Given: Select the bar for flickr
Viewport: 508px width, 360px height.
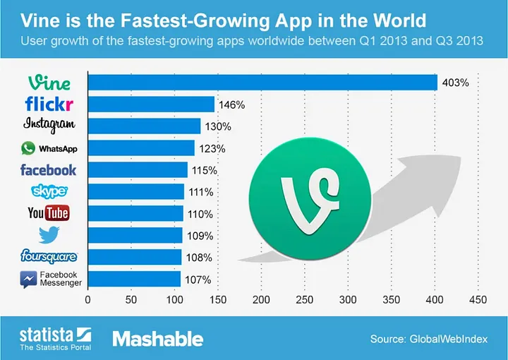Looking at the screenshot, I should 151,104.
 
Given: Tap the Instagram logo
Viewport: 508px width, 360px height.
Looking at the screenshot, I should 49,125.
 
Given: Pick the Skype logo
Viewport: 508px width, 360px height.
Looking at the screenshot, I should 49,191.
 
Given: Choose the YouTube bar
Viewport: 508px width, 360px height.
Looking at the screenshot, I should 135,214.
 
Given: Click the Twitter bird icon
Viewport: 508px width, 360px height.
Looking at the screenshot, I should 49,234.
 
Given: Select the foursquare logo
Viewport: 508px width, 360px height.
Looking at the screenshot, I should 49,256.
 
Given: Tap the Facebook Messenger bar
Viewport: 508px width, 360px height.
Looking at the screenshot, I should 134,279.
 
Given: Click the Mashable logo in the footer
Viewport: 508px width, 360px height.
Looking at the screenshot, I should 158,339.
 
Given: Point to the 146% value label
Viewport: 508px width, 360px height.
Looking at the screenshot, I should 231,105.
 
